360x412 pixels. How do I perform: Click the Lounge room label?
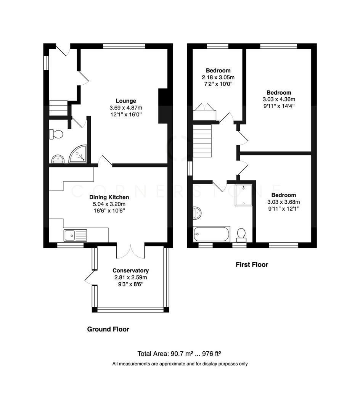(126, 101)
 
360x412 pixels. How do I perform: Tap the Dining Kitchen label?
(109, 197)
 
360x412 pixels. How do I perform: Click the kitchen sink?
(76, 235)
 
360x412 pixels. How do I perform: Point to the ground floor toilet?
(56, 134)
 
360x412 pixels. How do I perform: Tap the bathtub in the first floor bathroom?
(212, 233)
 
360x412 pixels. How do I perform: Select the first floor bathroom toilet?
(241, 234)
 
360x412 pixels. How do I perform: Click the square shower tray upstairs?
(243, 195)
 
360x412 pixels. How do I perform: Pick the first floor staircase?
(202, 141)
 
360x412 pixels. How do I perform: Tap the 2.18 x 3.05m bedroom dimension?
(218, 77)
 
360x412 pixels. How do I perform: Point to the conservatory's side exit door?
(90, 277)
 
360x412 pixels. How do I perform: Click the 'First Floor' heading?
(252, 264)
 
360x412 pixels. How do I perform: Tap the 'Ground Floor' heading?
(108, 329)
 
